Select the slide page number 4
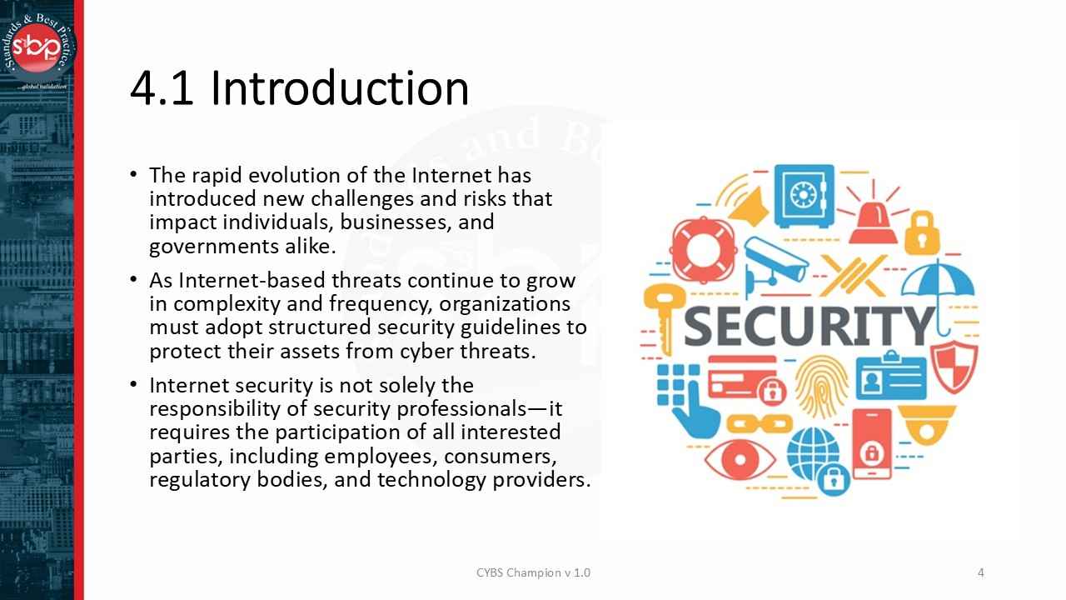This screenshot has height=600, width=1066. [981, 572]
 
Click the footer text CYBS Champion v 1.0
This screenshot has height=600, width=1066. [533, 572]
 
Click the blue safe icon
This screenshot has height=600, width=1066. [804, 196]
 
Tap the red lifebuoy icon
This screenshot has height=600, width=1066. [704, 249]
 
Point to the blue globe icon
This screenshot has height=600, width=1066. [812, 454]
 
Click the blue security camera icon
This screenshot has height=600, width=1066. [775, 263]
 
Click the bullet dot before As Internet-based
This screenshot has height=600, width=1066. [134, 280]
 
